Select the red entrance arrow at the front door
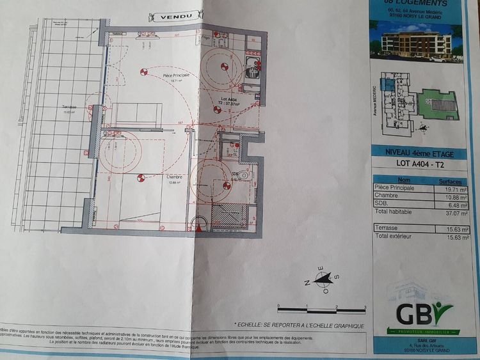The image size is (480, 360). pos(197,226)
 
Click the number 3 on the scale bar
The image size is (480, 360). pos(364,306)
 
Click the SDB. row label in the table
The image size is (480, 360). pos(381,204)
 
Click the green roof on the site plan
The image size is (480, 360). pos(441,102)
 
